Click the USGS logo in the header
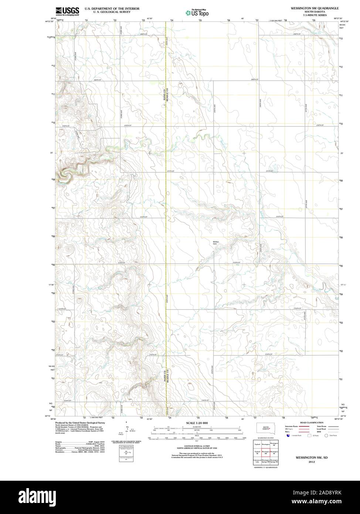(67, 11)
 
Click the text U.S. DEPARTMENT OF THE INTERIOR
(112, 8)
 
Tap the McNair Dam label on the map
(216, 243)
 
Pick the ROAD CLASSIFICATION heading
(312, 422)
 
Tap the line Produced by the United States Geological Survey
(80, 422)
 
